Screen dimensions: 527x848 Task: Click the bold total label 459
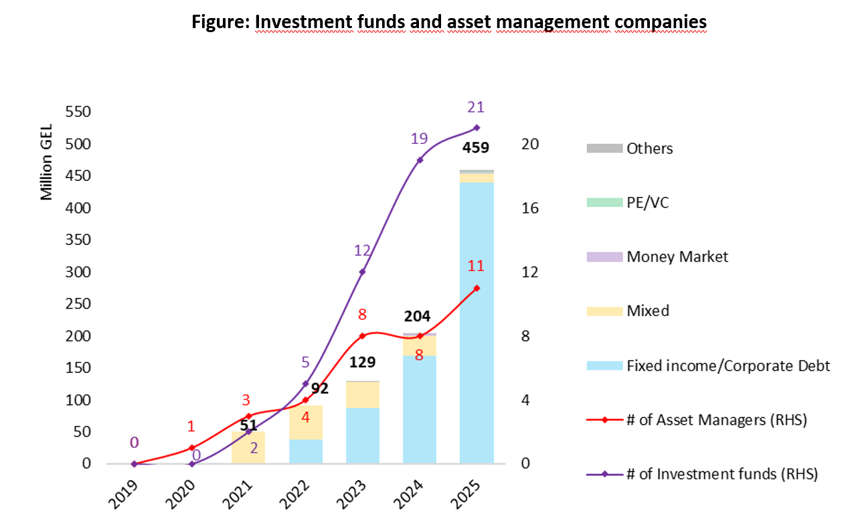coord(477,148)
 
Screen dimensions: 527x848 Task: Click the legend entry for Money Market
coord(677,256)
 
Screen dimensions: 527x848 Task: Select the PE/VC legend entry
coord(647,202)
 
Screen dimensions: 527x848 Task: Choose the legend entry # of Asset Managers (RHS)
coord(716,421)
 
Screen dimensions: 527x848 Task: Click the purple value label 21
coord(476,107)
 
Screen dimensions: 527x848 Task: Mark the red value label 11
coord(476,266)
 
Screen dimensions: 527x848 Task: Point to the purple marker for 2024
coord(420,160)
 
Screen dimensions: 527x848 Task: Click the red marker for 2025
coord(477,289)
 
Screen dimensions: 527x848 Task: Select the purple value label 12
coord(362,250)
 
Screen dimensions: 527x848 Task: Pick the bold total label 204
coord(418,316)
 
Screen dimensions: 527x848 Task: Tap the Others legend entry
coord(649,148)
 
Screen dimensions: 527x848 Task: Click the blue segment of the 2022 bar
coord(306,451)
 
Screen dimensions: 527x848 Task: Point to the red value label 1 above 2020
coord(191,427)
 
